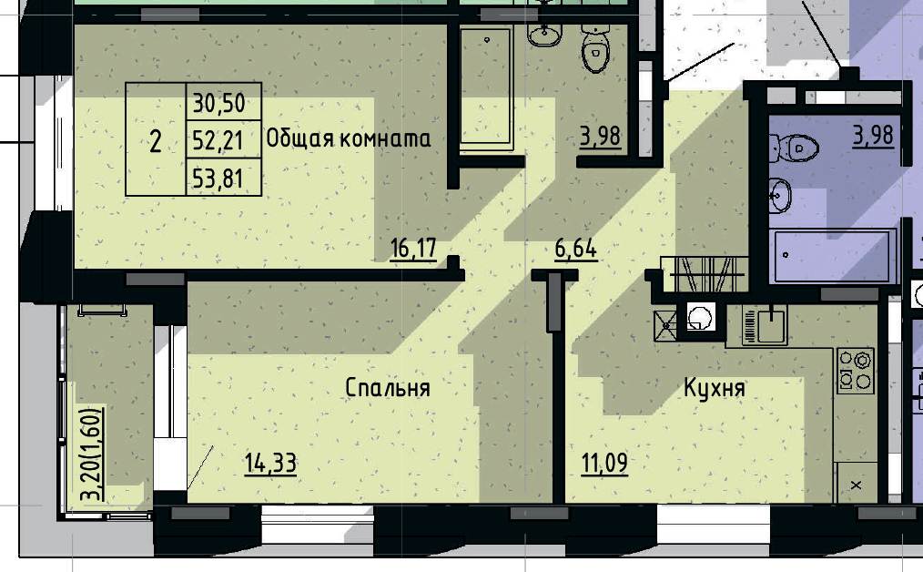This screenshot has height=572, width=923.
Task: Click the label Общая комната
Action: click(348, 139)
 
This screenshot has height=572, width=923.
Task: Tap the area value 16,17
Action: click(412, 249)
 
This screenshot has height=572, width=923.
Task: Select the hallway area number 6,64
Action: click(575, 249)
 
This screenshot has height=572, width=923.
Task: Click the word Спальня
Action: click(387, 388)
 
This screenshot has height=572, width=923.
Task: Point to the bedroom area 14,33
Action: click(270, 464)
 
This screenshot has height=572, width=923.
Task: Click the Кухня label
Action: click(715, 389)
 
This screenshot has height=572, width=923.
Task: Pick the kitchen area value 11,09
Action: click(604, 464)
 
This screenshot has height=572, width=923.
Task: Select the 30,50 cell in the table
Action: click(219, 103)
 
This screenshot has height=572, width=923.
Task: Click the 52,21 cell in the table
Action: click(219, 140)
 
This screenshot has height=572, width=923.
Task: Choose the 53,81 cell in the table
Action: click(219, 178)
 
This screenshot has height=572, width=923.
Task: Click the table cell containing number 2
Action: click(156, 141)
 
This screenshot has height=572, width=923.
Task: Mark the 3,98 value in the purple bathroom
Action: click(873, 137)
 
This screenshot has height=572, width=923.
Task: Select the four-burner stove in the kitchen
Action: click(855, 371)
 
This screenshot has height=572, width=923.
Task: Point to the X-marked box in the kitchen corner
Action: click(856, 485)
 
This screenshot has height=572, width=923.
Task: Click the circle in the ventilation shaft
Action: click(699, 319)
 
